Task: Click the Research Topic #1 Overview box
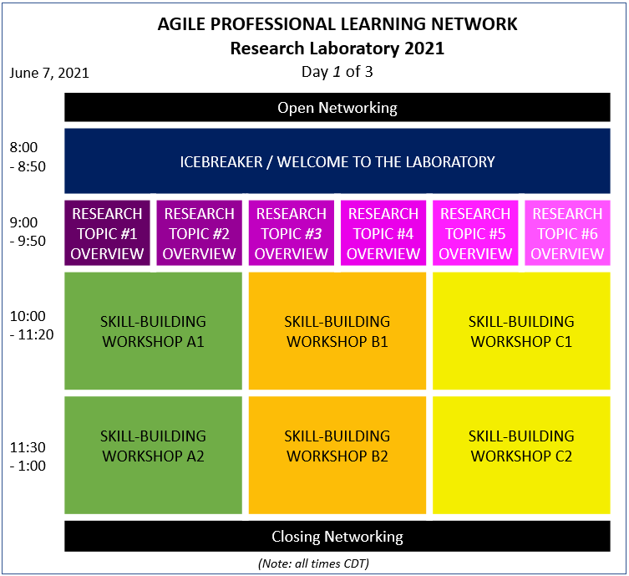(x=107, y=232)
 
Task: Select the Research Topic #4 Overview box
(x=383, y=232)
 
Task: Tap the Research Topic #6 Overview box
(x=567, y=232)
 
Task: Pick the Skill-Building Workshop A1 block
(x=153, y=331)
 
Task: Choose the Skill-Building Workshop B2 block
(x=337, y=455)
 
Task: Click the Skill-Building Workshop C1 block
(x=521, y=331)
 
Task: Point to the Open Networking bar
(x=337, y=107)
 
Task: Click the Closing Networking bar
(x=337, y=536)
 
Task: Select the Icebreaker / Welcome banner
(x=337, y=161)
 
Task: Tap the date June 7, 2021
(x=49, y=73)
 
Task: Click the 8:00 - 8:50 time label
(x=28, y=156)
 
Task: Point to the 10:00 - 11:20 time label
(x=32, y=325)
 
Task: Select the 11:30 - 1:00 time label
(x=28, y=456)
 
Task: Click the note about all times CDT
(x=313, y=563)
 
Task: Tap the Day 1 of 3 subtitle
(x=337, y=72)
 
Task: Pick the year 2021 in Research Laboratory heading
(x=424, y=48)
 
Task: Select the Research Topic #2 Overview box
(x=200, y=232)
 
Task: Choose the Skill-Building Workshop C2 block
(x=521, y=455)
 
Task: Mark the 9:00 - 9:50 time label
(x=28, y=232)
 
